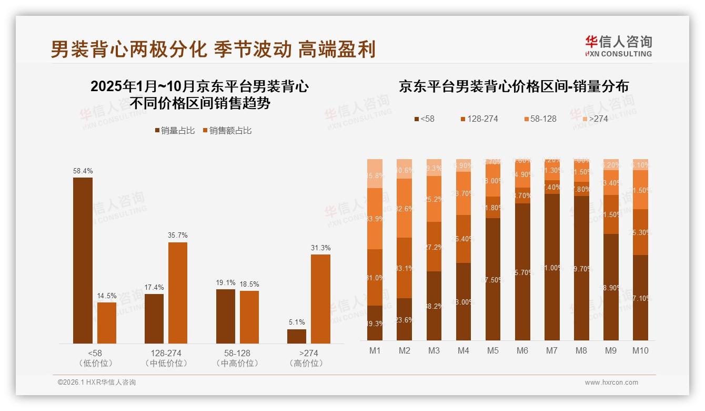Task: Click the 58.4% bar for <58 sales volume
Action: tap(83, 260)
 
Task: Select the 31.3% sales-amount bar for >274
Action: tap(320, 299)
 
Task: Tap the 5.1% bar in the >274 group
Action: tap(297, 336)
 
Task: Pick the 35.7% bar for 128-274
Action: tap(178, 292)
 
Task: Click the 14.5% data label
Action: tap(107, 296)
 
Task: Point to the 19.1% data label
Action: tap(226, 283)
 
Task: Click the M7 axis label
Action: tap(552, 350)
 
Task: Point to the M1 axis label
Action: tap(375, 350)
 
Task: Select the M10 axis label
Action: tap(640, 350)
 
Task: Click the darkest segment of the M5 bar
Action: tap(493, 279)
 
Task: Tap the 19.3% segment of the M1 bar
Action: tap(375, 323)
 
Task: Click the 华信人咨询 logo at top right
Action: tap(618, 46)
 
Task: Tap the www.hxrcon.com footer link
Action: tap(611, 383)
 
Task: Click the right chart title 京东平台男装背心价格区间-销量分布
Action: tap(513, 86)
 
